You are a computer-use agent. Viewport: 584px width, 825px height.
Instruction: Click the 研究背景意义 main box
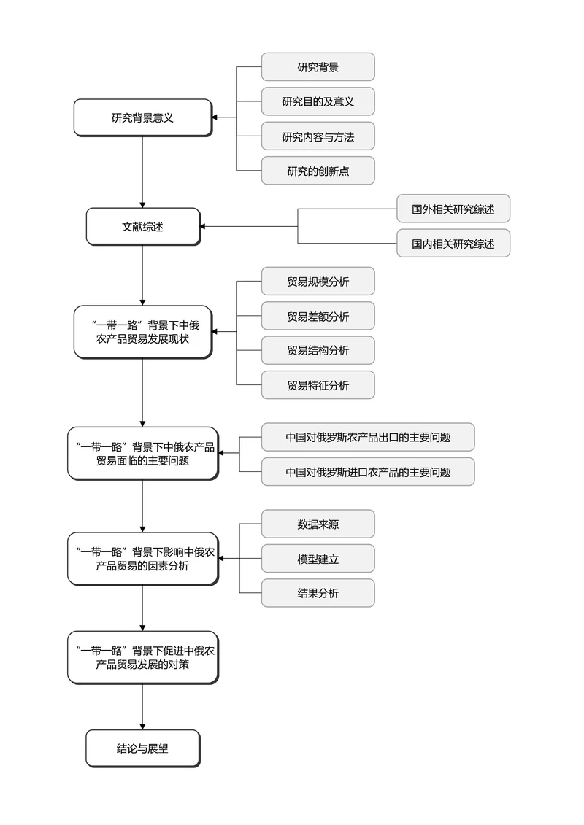(x=142, y=117)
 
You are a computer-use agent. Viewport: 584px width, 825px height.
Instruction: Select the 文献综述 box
(x=142, y=226)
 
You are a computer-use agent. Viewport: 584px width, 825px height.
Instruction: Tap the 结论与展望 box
(x=142, y=748)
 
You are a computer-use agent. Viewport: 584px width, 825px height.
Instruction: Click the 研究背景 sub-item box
(x=318, y=67)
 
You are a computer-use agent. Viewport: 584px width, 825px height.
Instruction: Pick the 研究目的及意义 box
(x=318, y=101)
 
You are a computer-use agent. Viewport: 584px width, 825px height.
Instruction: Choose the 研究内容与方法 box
(x=318, y=136)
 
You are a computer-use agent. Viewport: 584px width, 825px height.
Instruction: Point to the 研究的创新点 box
(x=318, y=171)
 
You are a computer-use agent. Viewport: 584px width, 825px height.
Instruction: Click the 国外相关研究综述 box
(x=453, y=209)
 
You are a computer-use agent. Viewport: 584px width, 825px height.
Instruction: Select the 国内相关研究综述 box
(x=453, y=244)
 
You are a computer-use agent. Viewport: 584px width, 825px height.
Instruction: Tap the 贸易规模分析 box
(x=318, y=282)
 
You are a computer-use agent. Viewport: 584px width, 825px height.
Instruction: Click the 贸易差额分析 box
(x=318, y=316)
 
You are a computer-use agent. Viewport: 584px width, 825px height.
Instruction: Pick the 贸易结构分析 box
(x=318, y=350)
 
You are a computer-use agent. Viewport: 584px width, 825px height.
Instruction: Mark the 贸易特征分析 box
(x=318, y=385)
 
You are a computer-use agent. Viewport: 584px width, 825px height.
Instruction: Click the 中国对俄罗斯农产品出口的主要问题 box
(x=368, y=438)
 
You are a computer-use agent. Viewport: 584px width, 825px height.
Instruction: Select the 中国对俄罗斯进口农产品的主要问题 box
(x=368, y=472)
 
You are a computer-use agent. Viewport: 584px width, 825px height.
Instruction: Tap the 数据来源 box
(x=318, y=524)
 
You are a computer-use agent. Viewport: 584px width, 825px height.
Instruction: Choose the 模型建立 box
(x=318, y=559)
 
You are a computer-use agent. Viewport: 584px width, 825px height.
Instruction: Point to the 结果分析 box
(x=318, y=593)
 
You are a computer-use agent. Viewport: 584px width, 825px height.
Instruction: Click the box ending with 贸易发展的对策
(x=142, y=657)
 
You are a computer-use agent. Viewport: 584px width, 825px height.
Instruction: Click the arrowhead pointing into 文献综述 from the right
(x=203, y=226)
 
